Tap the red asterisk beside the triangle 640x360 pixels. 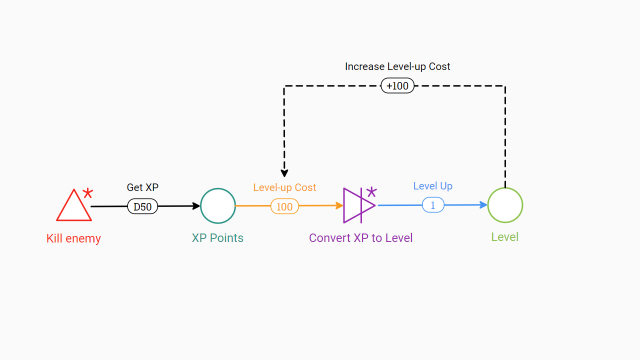88,193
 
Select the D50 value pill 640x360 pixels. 142,206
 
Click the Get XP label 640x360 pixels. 142,187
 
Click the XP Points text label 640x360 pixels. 217,238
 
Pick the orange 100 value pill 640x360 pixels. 284,206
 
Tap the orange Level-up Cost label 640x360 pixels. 284,187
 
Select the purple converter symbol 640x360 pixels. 359,205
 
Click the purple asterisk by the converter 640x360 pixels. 371,191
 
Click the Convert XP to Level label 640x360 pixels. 360,238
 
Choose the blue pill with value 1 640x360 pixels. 433,205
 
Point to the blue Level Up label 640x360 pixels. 433,186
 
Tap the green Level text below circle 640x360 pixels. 505,237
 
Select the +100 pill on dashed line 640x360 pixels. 397,85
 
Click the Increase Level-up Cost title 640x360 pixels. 397,66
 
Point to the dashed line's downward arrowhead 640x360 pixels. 284,173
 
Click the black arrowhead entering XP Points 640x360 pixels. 196,206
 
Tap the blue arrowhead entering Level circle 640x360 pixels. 483,205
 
